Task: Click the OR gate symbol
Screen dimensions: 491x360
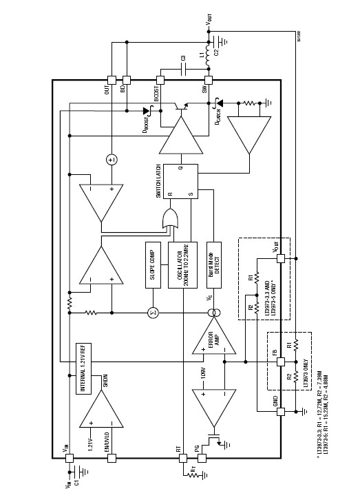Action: (x=168, y=222)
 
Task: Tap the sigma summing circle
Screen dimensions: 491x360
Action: (x=153, y=313)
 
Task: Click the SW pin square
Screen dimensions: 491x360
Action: (x=204, y=80)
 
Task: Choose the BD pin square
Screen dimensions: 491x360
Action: (x=126, y=80)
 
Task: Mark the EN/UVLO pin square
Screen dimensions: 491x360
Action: (x=111, y=456)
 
